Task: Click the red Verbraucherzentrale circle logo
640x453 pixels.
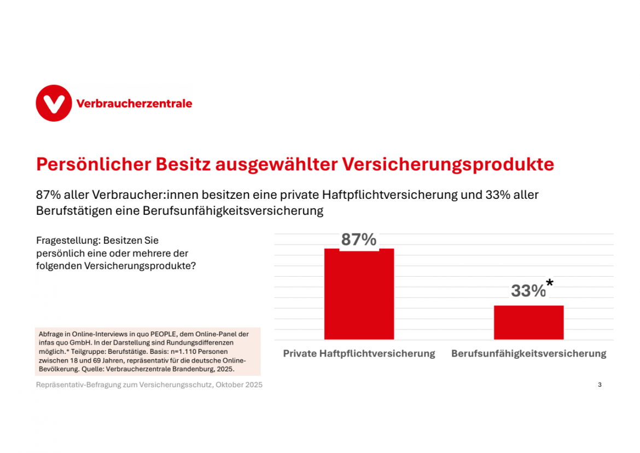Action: pos(54,103)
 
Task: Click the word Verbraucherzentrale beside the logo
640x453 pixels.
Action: pos(134,104)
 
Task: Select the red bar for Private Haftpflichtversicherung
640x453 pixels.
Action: pos(359,295)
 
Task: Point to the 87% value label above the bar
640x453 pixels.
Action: pos(359,240)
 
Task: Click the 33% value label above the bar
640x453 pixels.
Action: pos(528,291)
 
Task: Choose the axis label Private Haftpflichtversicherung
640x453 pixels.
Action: pos(359,354)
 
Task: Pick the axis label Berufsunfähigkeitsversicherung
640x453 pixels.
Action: pos(528,354)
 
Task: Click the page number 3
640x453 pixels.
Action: pos(600,385)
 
